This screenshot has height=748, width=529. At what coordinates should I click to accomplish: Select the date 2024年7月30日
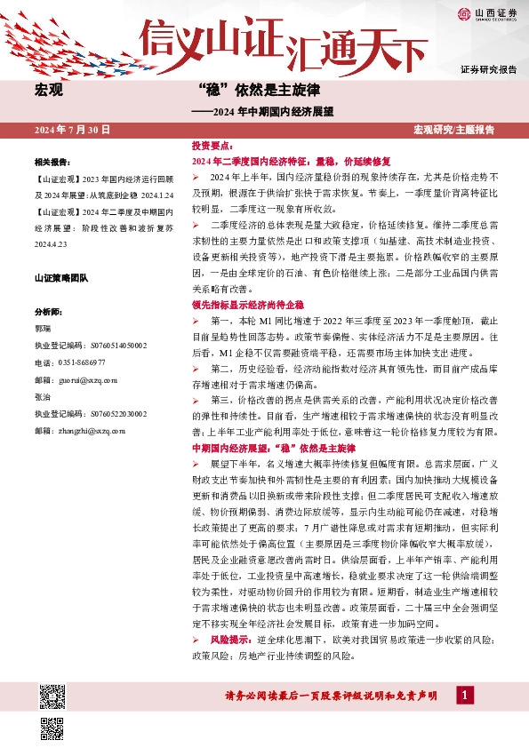tap(72, 130)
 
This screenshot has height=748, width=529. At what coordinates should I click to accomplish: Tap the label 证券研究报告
tap(488, 68)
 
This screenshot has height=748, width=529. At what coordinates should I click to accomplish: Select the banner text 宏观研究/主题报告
tap(453, 130)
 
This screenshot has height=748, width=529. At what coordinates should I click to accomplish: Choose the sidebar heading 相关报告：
tap(52, 163)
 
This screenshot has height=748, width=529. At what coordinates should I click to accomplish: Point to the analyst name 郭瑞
tap(43, 328)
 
